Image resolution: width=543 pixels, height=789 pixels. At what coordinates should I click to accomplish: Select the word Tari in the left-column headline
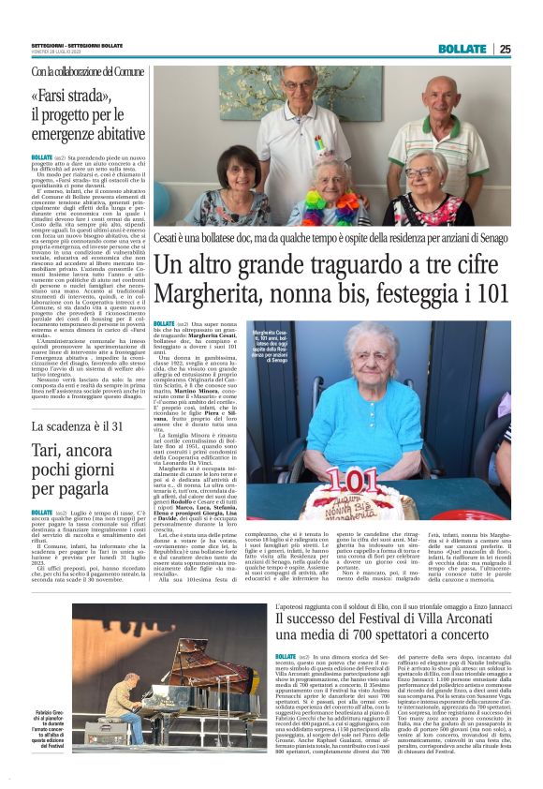(x=45, y=449)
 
